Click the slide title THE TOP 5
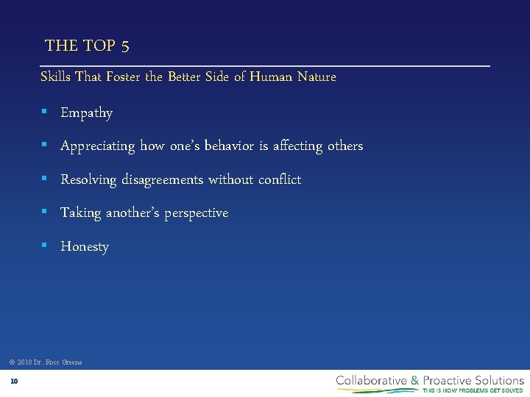click(x=87, y=46)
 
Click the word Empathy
click(x=86, y=113)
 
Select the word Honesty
click(x=85, y=247)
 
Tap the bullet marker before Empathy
click(x=44, y=112)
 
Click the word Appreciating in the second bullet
click(x=97, y=146)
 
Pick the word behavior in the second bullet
click(x=224, y=146)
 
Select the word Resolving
click(x=88, y=180)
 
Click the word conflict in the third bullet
click(x=278, y=179)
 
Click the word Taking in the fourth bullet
click(x=80, y=213)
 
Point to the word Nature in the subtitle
click(x=317, y=76)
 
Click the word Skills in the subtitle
click(x=56, y=76)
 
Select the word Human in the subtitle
click(x=272, y=76)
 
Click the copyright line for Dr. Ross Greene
click(x=46, y=362)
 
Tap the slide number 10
click(x=14, y=381)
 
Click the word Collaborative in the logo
click(x=372, y=380)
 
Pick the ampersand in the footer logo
click(x=415, y=380)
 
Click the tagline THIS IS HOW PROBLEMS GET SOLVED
click(x=473, y=390)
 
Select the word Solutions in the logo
click(x=498, y=380)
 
